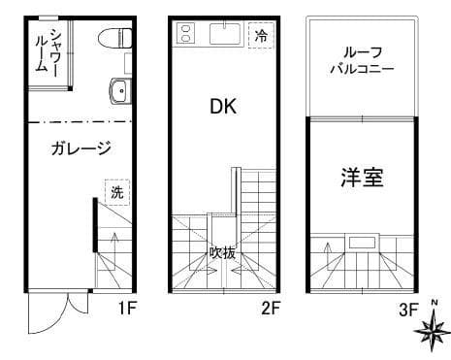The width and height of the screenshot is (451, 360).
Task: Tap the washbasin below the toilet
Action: (118, 92)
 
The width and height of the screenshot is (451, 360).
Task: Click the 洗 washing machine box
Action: (116, 192)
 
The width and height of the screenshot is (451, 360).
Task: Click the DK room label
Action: (223, 107)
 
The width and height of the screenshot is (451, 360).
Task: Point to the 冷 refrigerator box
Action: (260, 36)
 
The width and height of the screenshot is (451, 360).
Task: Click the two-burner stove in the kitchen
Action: (185, 36)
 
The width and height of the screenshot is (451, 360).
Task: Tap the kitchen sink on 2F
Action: (224, 36)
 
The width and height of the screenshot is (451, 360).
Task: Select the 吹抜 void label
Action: (223, 252)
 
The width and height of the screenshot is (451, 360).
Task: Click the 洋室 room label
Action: (362, 178)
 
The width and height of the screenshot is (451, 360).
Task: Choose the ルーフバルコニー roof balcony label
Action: (362, 60)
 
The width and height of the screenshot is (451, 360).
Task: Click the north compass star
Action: (430, 333)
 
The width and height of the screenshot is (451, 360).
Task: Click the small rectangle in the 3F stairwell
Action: (364, 242)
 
